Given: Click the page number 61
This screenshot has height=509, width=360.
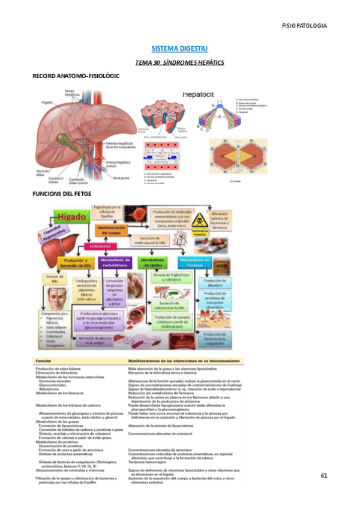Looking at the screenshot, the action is point(324,476).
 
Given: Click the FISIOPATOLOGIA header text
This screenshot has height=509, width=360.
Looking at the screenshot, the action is point(304,25).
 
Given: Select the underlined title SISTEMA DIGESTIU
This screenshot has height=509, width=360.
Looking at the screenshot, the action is point(179,47).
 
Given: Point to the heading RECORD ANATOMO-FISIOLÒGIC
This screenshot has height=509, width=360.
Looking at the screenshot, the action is point(76,76).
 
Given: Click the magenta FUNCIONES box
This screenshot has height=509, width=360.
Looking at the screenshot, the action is point(100,246).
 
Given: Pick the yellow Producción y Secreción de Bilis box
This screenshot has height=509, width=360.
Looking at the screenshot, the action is point(75,262).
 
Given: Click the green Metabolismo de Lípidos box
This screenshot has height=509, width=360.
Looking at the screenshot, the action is point(154,262).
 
